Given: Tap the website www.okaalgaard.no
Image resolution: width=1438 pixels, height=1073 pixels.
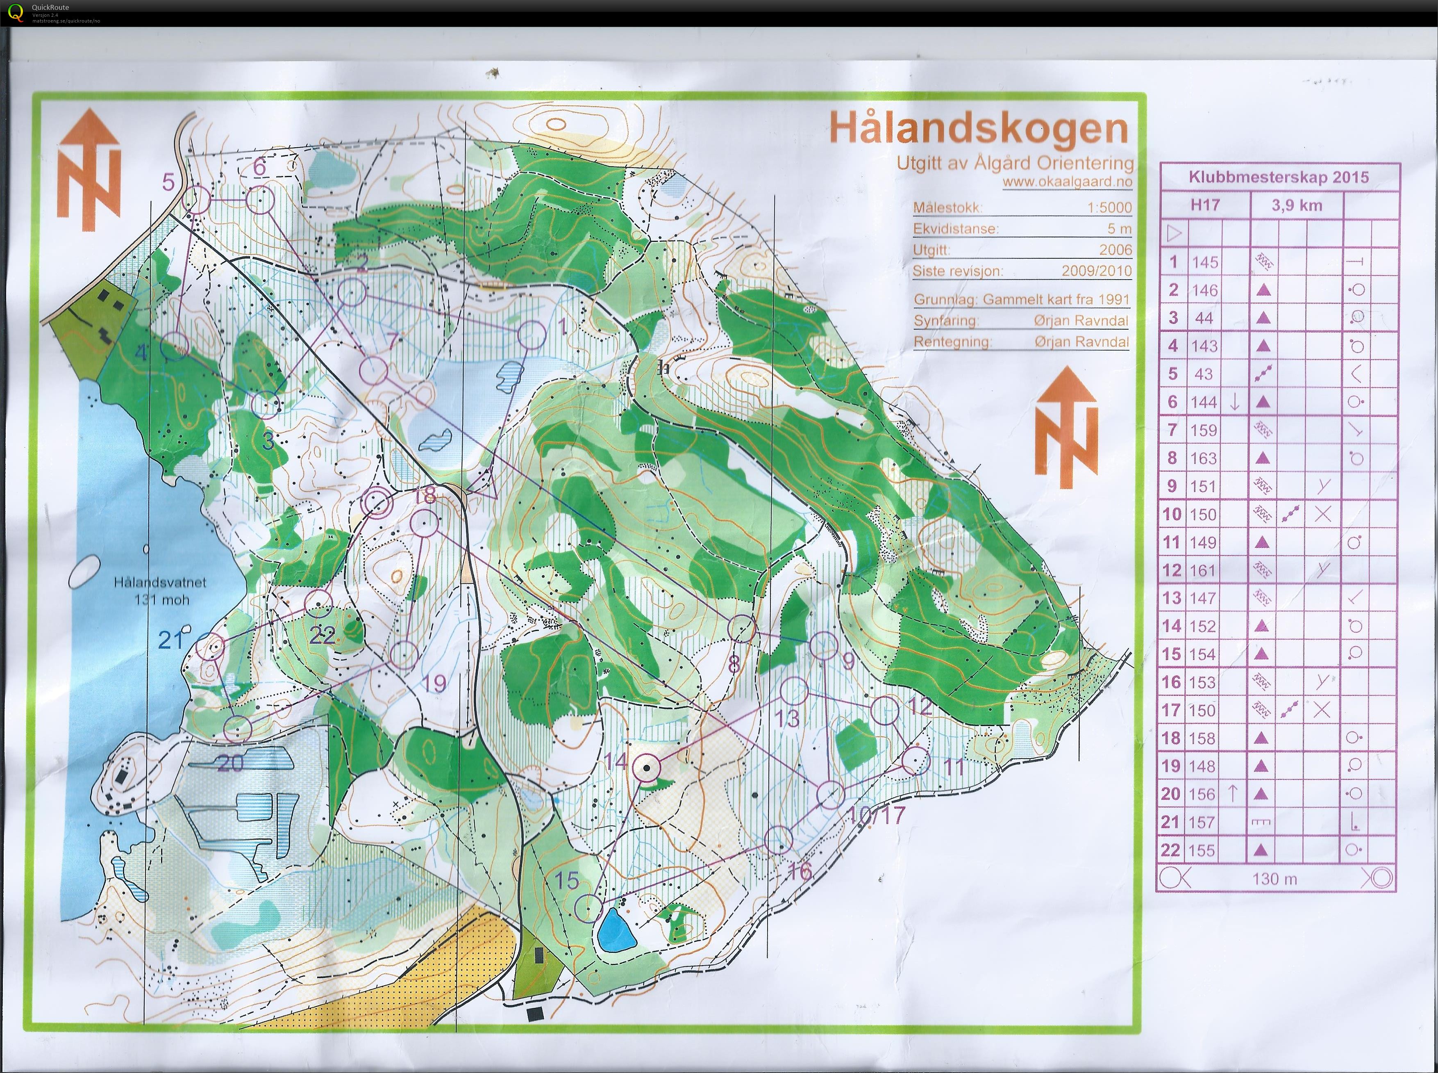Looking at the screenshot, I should pyautogui.click(x=1067, y=182).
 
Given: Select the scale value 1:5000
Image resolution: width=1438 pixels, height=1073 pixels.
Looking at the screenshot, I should pyautogui.click(x=1109, y=208).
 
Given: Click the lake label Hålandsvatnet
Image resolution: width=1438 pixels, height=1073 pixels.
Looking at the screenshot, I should pyautogui.click(x=160, y=582).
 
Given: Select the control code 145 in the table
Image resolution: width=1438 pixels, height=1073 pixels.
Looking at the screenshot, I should pyautogui.click(x=1204, y=262).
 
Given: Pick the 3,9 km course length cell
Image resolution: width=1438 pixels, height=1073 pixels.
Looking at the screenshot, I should pyautogui.click(x=1297, y=206).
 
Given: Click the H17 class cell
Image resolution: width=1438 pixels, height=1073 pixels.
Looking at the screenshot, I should pyautogui.click(x=1204, y=205).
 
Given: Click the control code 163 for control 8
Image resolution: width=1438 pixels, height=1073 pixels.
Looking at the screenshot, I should pyautogui.click(x=1203, y=458).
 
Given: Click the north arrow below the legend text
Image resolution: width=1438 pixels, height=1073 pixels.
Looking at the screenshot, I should pyautogui.click(x=1066, y=427).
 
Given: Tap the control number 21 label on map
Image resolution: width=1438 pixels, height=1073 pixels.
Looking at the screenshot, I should pyautogui.click(x=171, y=640).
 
